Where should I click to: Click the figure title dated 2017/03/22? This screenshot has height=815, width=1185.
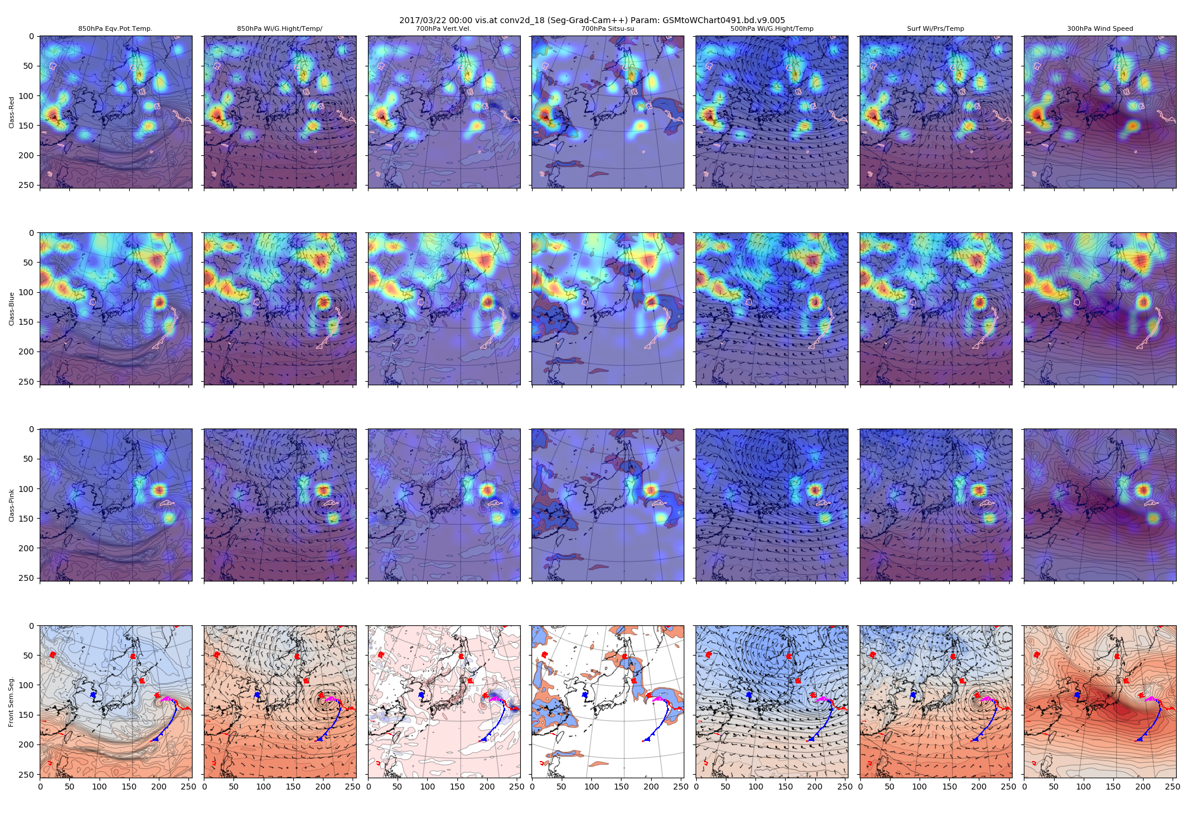[592, 20]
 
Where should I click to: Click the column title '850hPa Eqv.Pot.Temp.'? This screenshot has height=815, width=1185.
[116, 28]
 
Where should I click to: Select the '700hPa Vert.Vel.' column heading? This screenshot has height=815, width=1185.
[443, 28]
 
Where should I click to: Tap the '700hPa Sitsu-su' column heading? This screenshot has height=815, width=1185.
[607, 28]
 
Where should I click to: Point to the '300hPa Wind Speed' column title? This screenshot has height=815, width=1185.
[1100, 28]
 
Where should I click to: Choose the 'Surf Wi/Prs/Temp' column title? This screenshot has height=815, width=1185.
[936, 28]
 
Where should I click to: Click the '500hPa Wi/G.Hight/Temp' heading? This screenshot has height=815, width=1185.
[771, 28]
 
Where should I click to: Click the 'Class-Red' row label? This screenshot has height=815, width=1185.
[12, 112]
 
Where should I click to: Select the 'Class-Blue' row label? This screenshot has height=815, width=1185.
[12, 309]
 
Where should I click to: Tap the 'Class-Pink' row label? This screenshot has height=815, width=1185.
[12, 506]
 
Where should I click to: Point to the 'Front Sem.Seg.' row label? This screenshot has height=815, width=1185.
[12, 702]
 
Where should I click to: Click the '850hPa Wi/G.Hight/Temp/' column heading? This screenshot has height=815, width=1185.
[280, 28]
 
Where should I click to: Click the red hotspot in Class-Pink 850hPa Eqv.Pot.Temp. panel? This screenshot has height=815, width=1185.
[158, 490]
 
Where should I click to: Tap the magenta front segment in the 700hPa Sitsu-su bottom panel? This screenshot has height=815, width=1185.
[657, 699]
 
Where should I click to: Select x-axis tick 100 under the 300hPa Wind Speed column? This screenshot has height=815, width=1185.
[1084, 787]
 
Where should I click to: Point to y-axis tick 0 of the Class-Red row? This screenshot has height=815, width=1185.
[31, 36]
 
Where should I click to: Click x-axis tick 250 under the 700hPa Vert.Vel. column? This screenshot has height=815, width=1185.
[517, 787]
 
